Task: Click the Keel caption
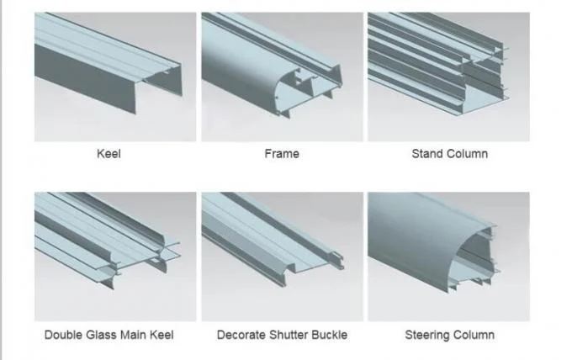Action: (109, 154)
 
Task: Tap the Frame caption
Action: (282, 154)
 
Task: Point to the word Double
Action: (60, 335)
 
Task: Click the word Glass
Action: (98, 335)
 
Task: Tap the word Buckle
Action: (330, 335)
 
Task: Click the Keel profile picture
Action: (115, 77)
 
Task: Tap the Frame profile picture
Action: (283, 77)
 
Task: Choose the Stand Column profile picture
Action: (448, 77)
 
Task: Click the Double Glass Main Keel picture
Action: (115, 257)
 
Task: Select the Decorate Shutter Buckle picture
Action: (283, 257)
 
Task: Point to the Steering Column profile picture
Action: (448, 257)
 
